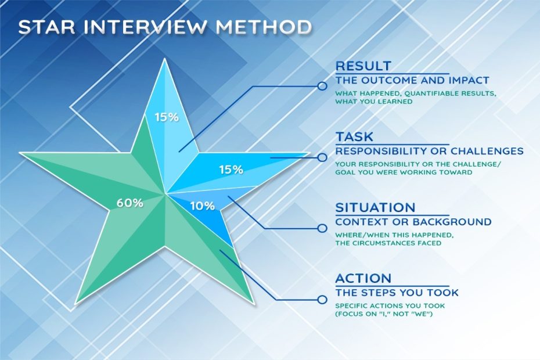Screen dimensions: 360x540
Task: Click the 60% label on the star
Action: (x=129, y=203)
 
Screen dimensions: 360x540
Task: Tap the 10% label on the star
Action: (x=203, y=206)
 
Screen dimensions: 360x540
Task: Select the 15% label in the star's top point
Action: (x=167, y=117)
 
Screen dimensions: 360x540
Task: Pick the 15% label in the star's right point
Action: (x=231, y=170)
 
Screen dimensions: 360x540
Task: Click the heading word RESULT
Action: (x=363, y=66)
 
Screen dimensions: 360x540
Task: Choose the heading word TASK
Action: (x=354, y=137)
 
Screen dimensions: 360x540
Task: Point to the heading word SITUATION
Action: (x=375, y=207)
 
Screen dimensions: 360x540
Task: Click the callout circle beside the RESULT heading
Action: (x=322, y=86)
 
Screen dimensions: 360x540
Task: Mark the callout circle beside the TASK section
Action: (x=322, y=157)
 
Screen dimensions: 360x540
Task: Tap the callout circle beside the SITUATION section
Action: (x=322, y=228)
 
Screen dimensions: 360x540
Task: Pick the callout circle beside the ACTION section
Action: (x=322, y=299)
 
